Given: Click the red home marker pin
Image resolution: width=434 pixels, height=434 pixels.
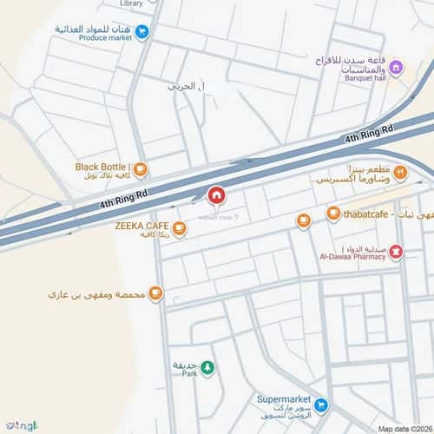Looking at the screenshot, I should [x=216, y=196].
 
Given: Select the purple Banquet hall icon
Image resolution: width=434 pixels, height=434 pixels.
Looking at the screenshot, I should [x=396, y=68].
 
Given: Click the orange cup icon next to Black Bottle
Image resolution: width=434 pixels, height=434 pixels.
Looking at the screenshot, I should [x=141, y=170].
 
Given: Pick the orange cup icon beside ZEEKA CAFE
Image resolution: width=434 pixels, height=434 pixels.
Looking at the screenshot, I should [x=179, y=229].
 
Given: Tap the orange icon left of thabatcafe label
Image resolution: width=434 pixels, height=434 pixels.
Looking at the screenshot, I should [x=333, y=214].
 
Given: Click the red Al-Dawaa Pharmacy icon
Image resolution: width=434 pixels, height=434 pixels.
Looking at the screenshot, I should [x=396, y=252].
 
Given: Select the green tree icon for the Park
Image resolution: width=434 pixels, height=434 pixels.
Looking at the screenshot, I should [x=208, y=369].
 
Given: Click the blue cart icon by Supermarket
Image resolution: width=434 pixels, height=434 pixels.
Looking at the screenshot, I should [x=321, y=404].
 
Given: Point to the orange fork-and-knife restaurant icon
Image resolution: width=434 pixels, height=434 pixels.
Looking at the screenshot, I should [x=400, y=174].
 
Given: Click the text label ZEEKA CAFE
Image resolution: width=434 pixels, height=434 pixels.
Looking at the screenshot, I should [x=141, y=225].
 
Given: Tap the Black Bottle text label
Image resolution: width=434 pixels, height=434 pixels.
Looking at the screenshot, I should [x=102, y=166].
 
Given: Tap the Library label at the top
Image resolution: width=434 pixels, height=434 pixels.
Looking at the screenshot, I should [x=132, y=3].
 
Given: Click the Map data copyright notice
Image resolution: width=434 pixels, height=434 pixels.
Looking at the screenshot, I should [x=403, y=429].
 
